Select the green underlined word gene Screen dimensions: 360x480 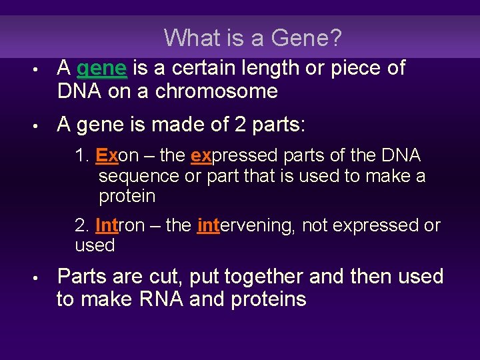(x=102, y=68)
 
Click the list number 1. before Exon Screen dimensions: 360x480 (x=82, y=156)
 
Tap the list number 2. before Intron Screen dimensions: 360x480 (x=82, y=225)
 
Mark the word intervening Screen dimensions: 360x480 (x=246, y=225)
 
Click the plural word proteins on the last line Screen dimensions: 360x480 (x=268, y=299)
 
